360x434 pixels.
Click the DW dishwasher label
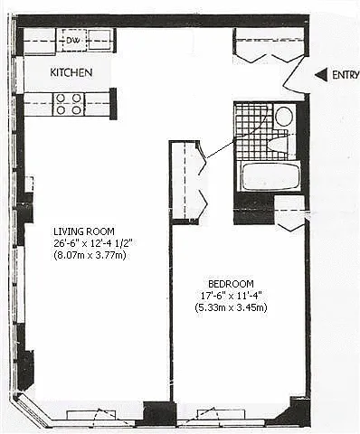pos(73,40)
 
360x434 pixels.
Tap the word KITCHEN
pos(71,72)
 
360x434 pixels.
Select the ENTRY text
pos(346,75)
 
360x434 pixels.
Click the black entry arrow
pos(321,75)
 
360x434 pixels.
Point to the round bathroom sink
pos(284,117)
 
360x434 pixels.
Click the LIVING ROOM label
pos(84,231)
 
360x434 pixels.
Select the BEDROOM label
pos(231,284)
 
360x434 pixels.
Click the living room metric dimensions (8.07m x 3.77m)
pos(90,256)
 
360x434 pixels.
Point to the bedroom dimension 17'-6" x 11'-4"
pos(231,296)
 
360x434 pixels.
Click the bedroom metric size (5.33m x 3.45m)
pos(231,307)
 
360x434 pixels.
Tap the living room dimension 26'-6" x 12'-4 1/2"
pos(93,243)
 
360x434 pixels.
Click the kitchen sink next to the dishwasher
pos(101,40)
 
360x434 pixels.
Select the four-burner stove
pos(69,104)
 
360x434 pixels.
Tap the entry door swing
pos(296,76)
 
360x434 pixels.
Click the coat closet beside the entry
pos(270,44)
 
